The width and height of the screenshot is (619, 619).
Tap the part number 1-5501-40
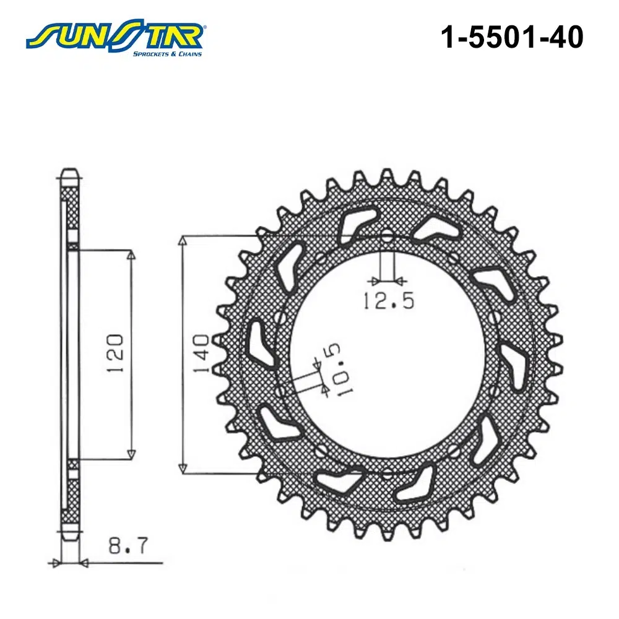tap(512, 37)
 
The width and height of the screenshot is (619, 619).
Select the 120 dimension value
tap(116, 353)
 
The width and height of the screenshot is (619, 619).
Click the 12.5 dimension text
tap(389, 301)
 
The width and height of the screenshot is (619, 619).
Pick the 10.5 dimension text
tap(339, 370)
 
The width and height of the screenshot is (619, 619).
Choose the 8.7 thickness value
tap(128, 545)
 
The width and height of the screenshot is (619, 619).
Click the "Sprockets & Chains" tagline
tap(167, 54)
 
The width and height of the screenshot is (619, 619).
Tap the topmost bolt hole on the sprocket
tap(387, 238)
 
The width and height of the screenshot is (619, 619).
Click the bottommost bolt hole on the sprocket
tap(387, 473)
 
